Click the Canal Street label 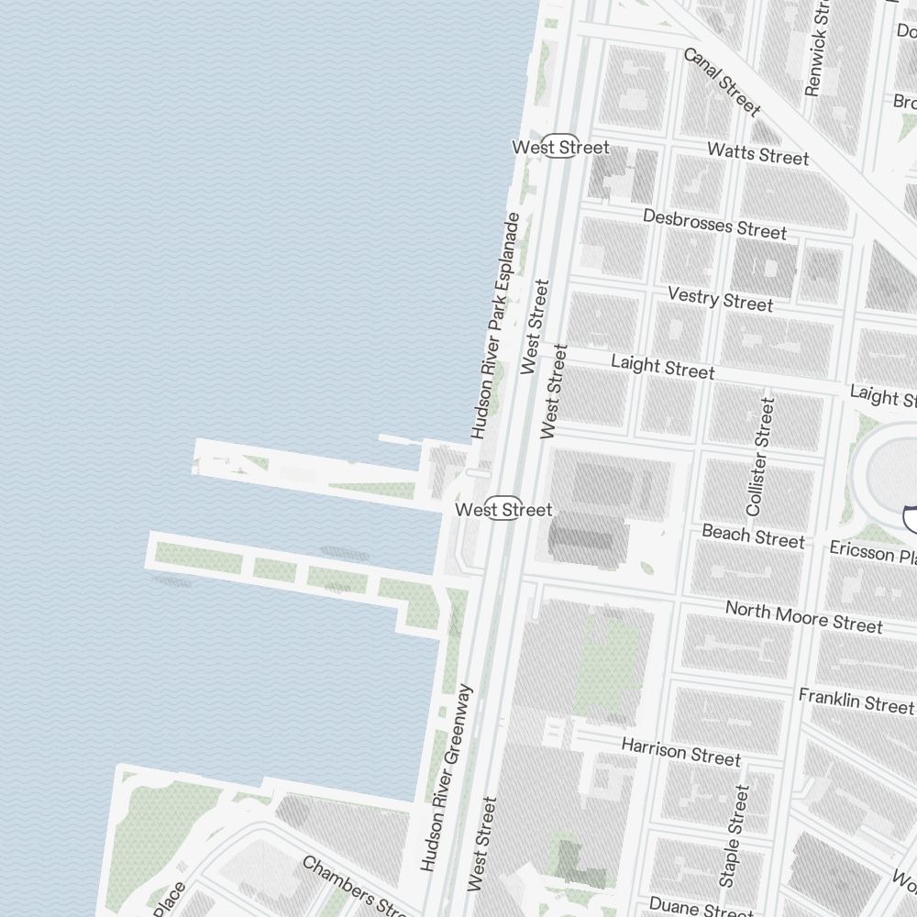[x=722, y=83]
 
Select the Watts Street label [x=758, y=153]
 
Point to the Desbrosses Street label [x=714, y=224]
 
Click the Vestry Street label [x=720, y=298]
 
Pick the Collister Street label [x=761, y=456]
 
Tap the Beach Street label [x=753, y=536]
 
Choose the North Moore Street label [x=803, y=617]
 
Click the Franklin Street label [x=856, y=702]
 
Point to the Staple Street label [x=735, y=834]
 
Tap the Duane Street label [x=701, y=906]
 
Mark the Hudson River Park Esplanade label [x=496, y=326]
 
